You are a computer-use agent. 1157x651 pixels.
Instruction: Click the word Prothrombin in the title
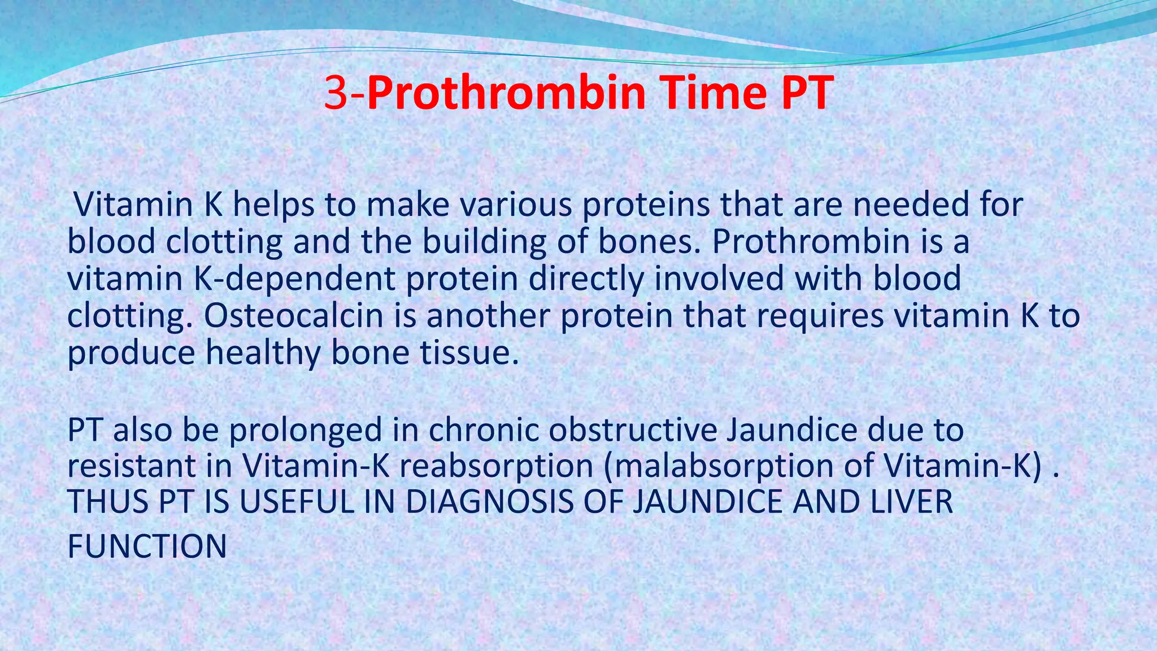507,94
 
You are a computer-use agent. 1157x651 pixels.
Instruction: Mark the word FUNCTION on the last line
147,546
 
